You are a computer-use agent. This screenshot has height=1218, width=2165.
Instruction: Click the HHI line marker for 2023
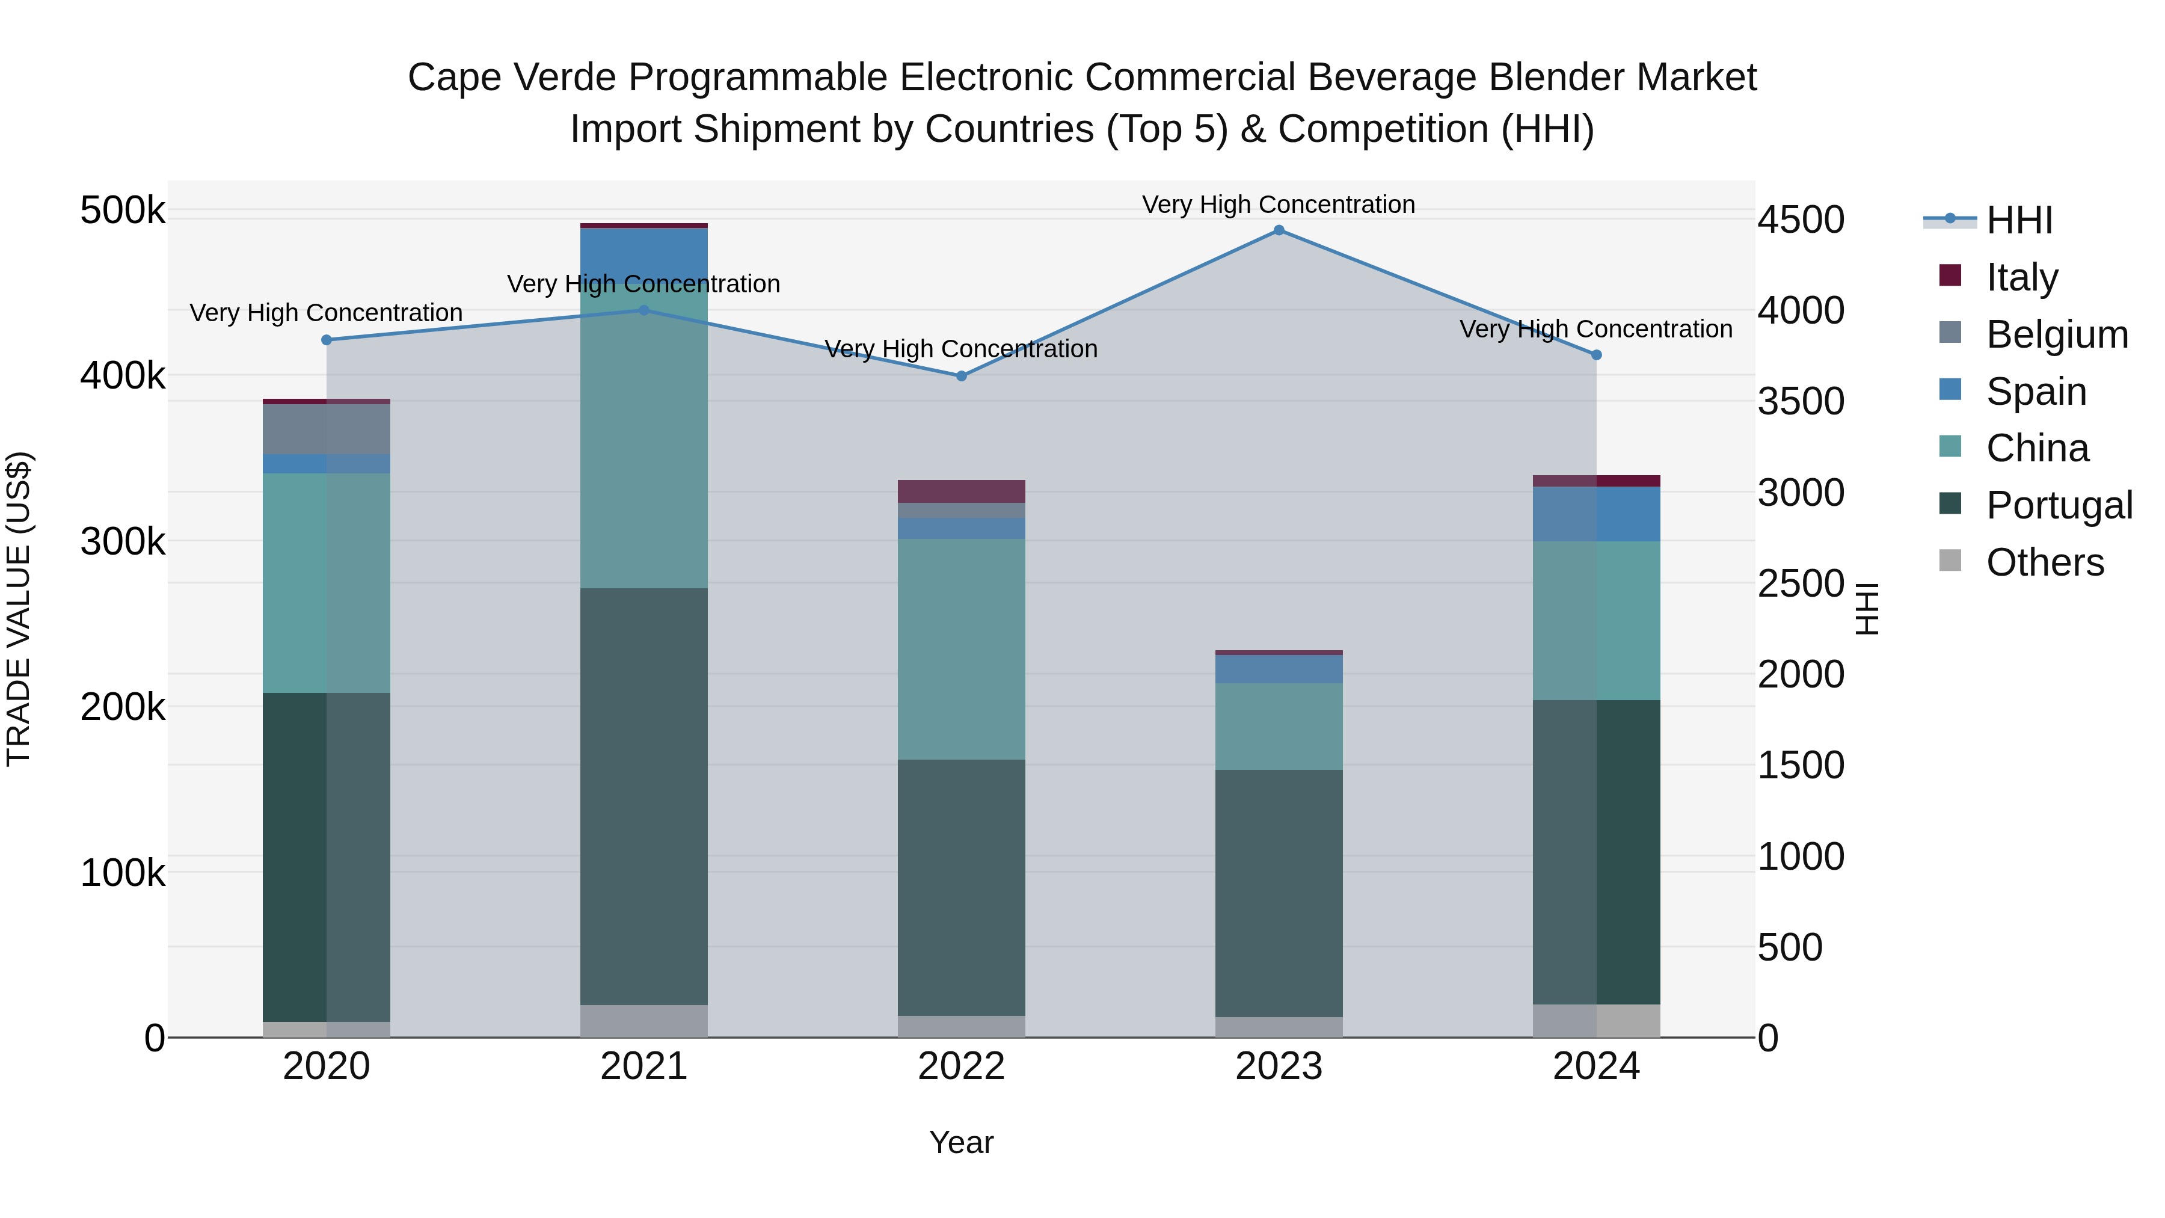(1279, 230)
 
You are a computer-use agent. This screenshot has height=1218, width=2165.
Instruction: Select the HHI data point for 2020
(327, 340)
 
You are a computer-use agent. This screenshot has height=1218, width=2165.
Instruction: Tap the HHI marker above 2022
(962, 376)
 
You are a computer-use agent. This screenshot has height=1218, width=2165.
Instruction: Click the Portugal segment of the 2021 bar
(643, 796)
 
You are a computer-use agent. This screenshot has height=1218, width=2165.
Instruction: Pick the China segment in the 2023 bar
(1279, 726)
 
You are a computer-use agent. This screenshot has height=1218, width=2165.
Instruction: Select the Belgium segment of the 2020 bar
(327, 429)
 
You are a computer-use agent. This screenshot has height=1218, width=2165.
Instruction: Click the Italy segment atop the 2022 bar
(962, 491)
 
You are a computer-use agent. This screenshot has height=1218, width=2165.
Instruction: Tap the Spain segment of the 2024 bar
(1596, 514)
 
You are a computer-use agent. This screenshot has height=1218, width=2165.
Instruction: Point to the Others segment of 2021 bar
(643, 1021)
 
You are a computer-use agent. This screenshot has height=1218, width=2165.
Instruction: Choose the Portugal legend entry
(2059, 505)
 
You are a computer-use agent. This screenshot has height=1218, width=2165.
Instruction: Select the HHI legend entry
(2019, 220)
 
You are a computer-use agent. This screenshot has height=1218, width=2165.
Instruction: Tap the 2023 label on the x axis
(1279, 1066)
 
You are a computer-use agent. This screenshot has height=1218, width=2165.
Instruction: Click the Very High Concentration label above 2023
(1279, 205)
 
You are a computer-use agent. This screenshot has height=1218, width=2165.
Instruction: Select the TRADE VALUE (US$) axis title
(19, 609)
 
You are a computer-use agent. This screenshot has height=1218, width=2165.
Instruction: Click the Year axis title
(962, 1142)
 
